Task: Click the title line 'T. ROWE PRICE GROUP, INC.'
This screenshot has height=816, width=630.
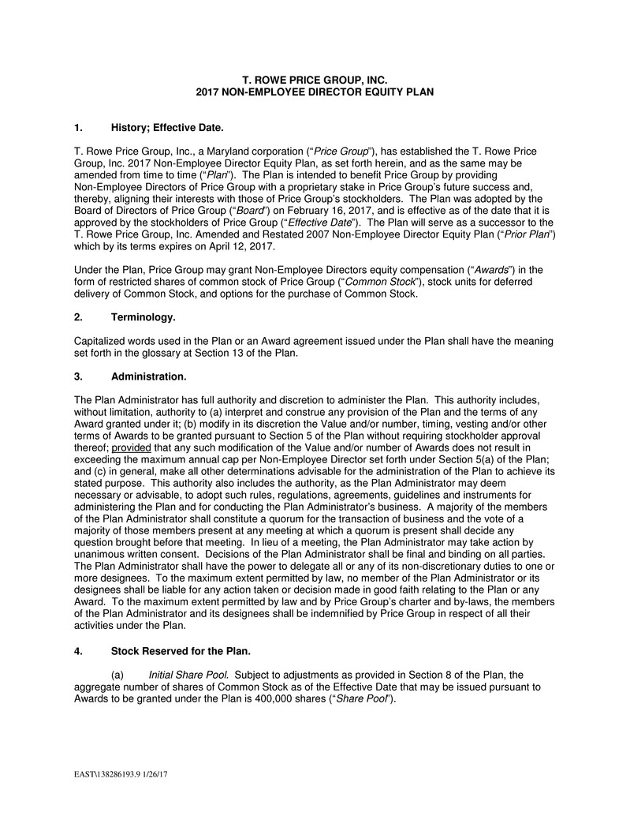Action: pyautogui.click(x=315, y=80)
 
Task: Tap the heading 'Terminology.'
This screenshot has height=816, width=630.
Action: pyautogui.click(x=143, y=317)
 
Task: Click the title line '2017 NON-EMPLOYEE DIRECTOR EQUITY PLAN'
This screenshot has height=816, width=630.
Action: pyautogui.click(x=315, y=92)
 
